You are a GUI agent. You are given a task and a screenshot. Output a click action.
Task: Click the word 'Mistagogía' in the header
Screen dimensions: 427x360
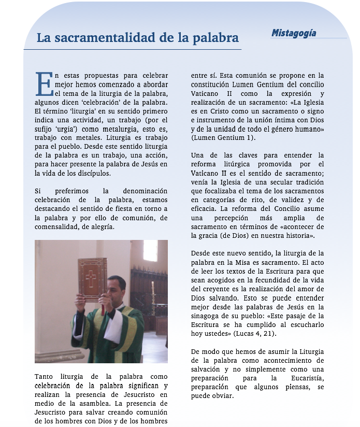pos(294,33)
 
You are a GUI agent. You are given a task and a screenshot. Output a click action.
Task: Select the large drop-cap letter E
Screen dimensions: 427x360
pos(44,84)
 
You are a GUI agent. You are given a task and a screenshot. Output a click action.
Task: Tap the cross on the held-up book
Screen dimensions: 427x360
pos(91,279)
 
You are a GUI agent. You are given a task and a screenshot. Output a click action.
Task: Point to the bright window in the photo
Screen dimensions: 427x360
pos(150,251)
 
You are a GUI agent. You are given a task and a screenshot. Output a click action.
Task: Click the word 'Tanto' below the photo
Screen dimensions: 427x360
pos(44,376)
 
